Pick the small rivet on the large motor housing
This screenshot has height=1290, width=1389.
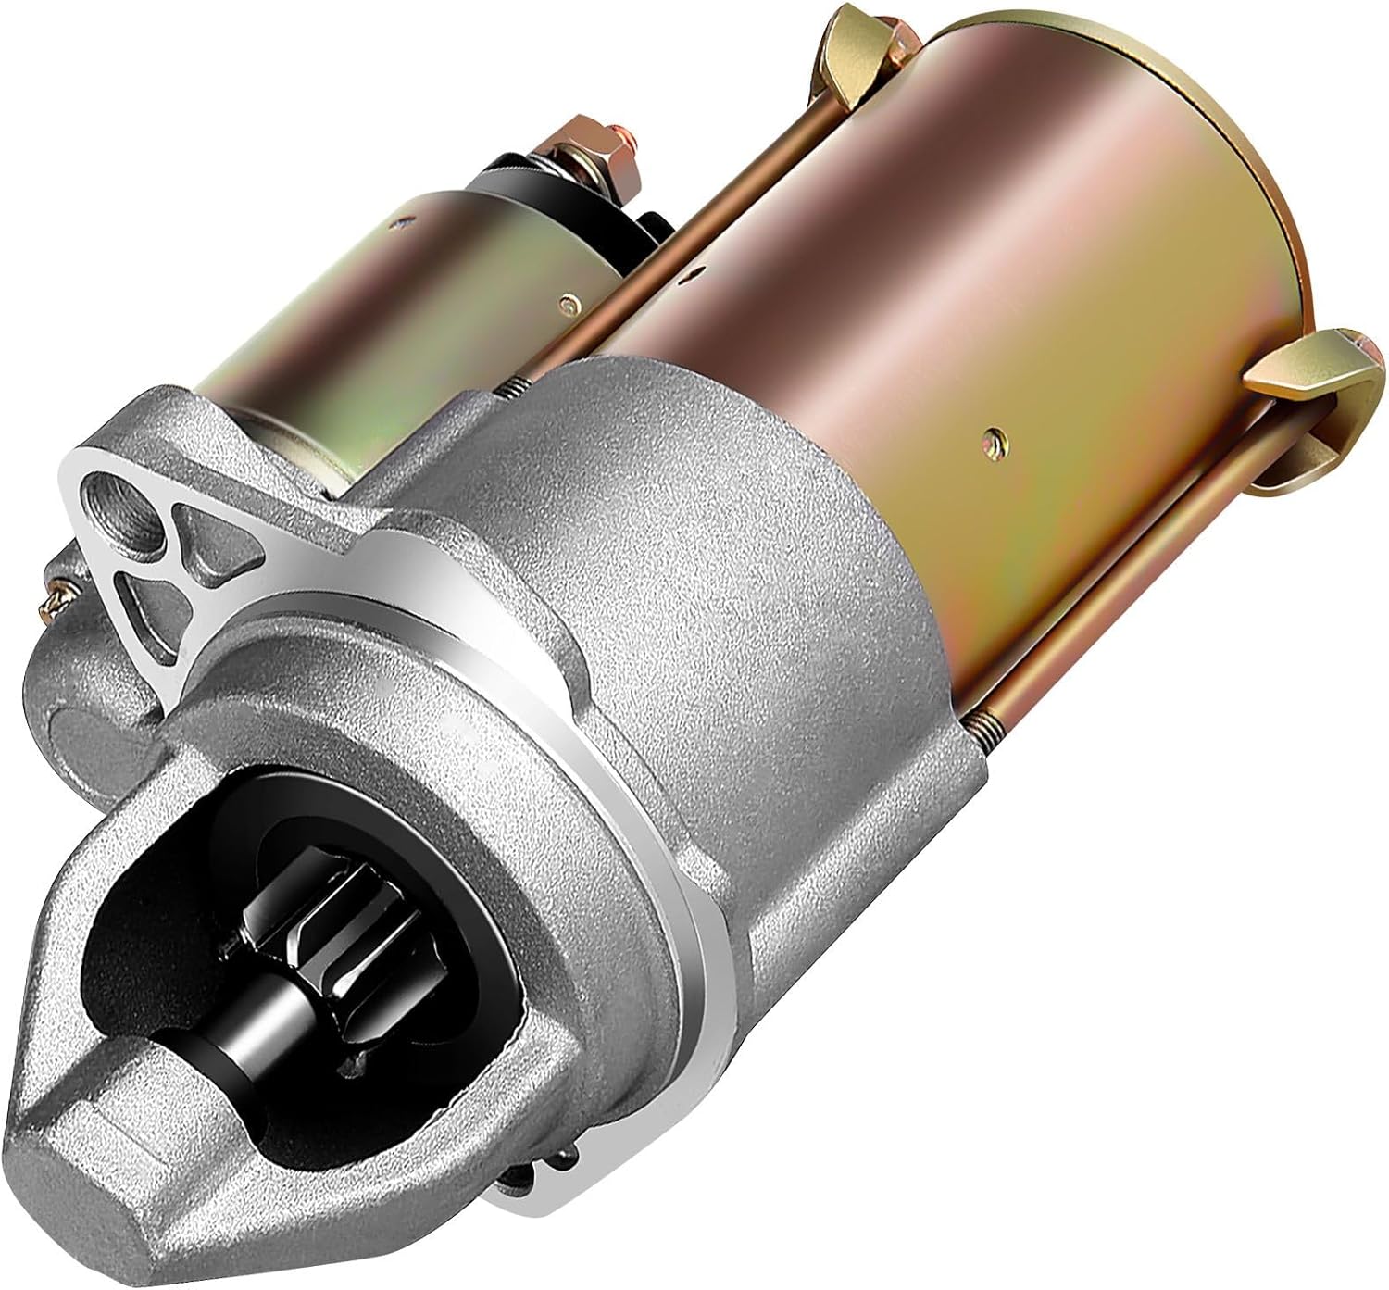pos(994,432)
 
